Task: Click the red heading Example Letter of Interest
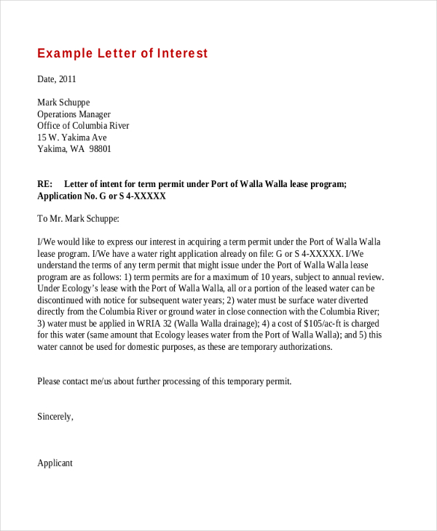(122, 54)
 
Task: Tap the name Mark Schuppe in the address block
(63, 103)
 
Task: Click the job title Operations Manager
(74, 114)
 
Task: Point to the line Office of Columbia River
(83, 126)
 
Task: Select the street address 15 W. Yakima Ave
(72, 137)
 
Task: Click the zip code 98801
(100, 149)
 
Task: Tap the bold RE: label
(45, 185)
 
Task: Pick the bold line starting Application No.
(102, 196)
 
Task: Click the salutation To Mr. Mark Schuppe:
(78, 218)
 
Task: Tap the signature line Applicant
(55, 463)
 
